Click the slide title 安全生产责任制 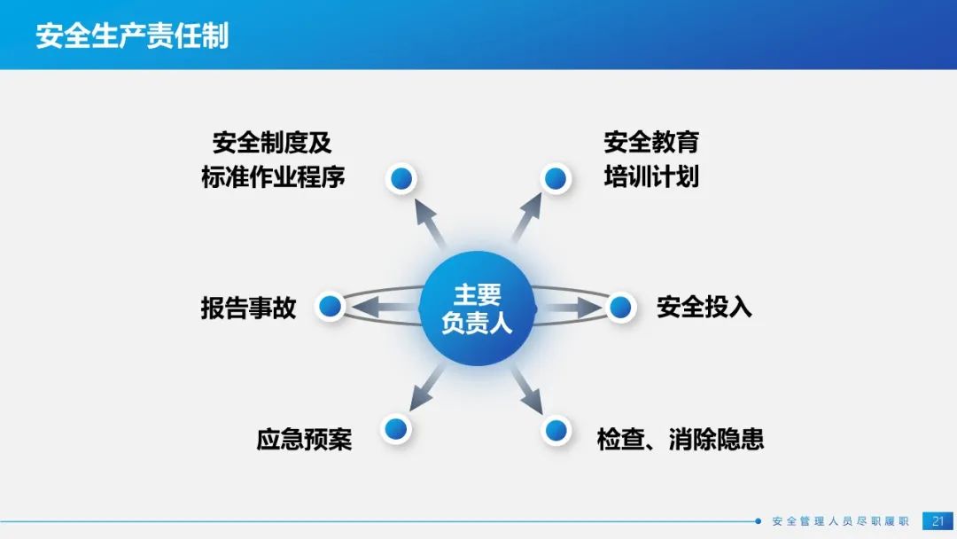[x=132, y=35]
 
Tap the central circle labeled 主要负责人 [x=478, y=309]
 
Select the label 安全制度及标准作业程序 [x=273, y=160]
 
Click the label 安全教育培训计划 [x=651, y=160]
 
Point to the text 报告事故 [x=248, y=308]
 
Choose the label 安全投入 [x=704, y=307]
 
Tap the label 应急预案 [x=304, y=440]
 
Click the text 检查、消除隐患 [x=681, y=440]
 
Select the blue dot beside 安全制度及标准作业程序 [x=401, y=179]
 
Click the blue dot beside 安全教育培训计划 [x=555, y=179]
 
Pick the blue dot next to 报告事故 [x=331, y=306]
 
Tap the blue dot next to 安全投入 [x=620, y=307]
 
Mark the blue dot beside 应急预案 [x=396, y=428]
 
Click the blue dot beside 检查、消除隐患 [x=556, y=430]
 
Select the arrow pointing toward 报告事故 [x=385, y=307]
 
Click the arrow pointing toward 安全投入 [x=569, y=307]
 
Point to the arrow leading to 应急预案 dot [x=426, y=387]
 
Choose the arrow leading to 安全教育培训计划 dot [x=526, y=217]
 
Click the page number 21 [x=938, y=521]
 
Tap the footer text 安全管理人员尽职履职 [x=840, y=521]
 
